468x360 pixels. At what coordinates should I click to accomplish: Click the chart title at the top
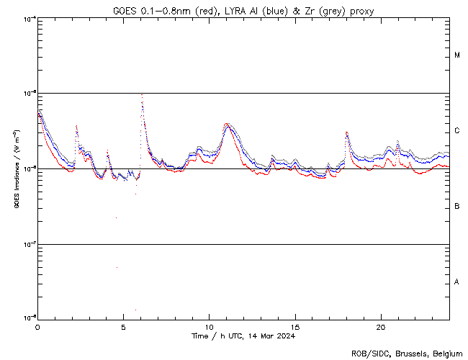(243, 11)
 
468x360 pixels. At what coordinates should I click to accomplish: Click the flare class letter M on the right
(457, 55)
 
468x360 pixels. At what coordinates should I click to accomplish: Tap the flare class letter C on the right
(457, 131)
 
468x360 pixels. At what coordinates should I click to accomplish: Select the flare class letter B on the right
(457, 207)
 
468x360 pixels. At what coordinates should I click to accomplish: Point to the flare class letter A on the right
(457, 282)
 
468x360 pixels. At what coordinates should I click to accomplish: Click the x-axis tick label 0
(37, 327)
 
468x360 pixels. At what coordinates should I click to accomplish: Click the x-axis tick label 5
(123, 327)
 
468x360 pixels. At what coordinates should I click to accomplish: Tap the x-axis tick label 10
(209, 327)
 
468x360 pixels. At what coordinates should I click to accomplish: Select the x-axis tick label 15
(295, 327)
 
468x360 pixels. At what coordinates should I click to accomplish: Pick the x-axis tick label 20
(381, 327)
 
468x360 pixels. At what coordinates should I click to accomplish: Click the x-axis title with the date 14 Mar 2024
(243, 336)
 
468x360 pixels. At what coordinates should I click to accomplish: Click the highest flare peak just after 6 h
(142, 95)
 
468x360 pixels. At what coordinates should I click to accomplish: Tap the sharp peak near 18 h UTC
(346, 132)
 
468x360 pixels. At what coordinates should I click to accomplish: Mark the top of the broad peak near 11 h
(227, 124)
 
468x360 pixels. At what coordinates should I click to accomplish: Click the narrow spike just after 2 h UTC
(76, 126)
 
